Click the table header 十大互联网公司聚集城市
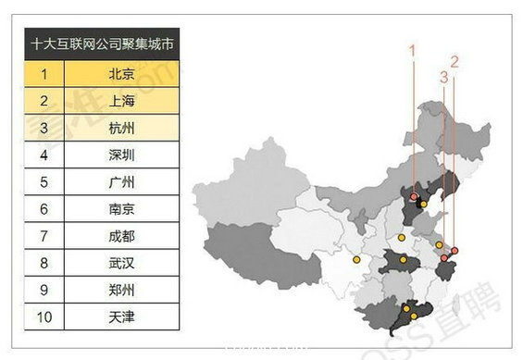coord(102,43)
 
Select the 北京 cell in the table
coord(121,72)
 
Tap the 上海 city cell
coord(121,100)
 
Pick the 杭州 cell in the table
coord(121,127)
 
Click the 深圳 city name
coord(121,155)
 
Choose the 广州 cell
coord(121,181)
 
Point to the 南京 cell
coord(121,208)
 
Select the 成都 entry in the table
coord(121,236)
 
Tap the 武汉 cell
coord(121,263)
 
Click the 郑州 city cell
coord(121,290)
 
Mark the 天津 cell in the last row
coord(121,317)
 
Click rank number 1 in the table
coord(44,72)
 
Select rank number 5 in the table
coord(44,181)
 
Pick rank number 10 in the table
coord(44,317)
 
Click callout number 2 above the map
coord(455,63)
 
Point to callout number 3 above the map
coord(444,78)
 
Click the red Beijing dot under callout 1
coord(413,197)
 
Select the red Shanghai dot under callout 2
coord(455,251)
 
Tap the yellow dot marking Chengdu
coord(357,260)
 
